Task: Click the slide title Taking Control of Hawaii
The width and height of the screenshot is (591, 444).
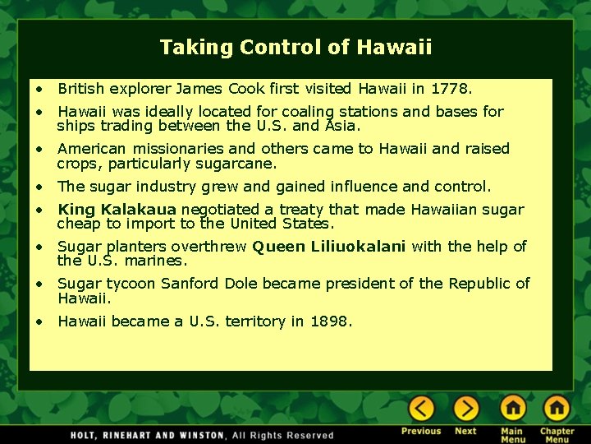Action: [295, 48]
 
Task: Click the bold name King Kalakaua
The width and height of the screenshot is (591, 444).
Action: [117, 210]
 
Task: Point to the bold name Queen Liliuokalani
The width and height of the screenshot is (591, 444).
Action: [328, 247]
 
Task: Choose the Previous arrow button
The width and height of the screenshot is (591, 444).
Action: [422, 408]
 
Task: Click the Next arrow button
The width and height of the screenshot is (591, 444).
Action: [465, 408]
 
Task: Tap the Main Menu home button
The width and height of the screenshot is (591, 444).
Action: [512, 408]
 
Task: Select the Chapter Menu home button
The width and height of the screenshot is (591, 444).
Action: [557, 408]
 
